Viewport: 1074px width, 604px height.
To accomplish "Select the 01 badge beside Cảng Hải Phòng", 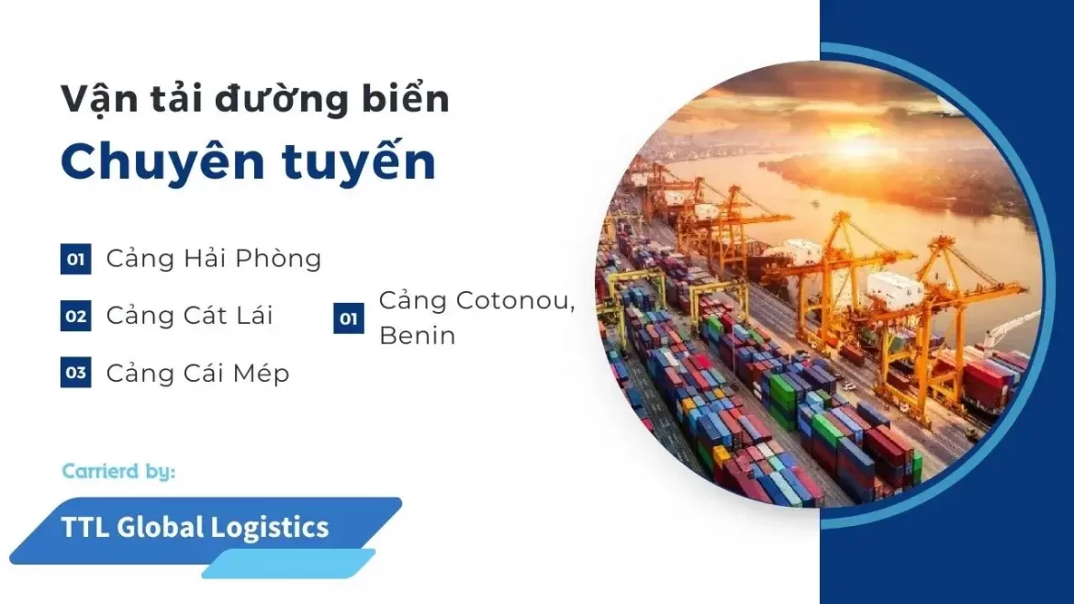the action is [75, 259].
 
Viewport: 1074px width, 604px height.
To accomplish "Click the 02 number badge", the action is [75, 317].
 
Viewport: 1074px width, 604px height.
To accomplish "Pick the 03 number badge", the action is [75, 373].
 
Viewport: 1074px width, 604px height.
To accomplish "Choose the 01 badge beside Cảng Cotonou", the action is [349, 319].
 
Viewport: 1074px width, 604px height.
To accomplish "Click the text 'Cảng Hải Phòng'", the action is [214, 258].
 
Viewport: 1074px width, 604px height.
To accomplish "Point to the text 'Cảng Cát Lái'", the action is [189, 315].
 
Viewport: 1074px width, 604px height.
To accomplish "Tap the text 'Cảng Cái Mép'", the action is [198, 373].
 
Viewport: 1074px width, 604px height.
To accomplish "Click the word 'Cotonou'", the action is [516, 301].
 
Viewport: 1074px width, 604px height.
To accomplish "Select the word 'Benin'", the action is [417, 336].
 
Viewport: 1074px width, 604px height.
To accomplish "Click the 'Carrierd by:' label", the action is [118, 471].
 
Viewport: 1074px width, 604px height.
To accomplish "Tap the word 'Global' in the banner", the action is [161, 527].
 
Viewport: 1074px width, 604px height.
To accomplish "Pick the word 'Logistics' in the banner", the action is [270, 527].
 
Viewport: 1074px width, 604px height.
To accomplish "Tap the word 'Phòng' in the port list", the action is [281, 259].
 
